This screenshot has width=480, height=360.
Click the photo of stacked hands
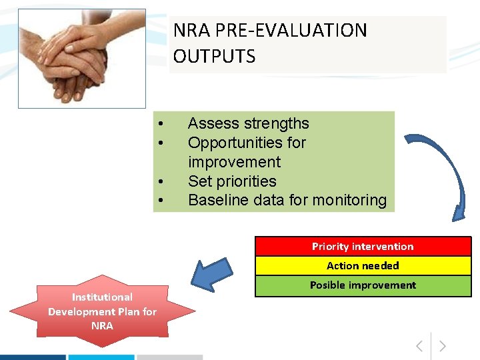(x=81, y=58)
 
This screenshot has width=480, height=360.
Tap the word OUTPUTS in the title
(x=214, y=56)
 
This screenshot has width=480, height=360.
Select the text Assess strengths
(x=248, y=123)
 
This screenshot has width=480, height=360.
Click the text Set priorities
(x=231, y=181)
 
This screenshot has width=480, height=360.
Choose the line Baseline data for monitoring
(x=287, y=200)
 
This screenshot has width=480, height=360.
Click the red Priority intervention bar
(x=363, y=247)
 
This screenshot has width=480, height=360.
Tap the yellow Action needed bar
(x=363, y=266)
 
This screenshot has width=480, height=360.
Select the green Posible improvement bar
(x=363, y=285)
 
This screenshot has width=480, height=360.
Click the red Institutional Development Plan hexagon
(x=102, y=311)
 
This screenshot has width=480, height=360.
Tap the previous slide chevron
(x=419, y=346)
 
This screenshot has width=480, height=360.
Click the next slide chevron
(x=442, y=346)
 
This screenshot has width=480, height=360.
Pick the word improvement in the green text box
(x=234, y=162)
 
